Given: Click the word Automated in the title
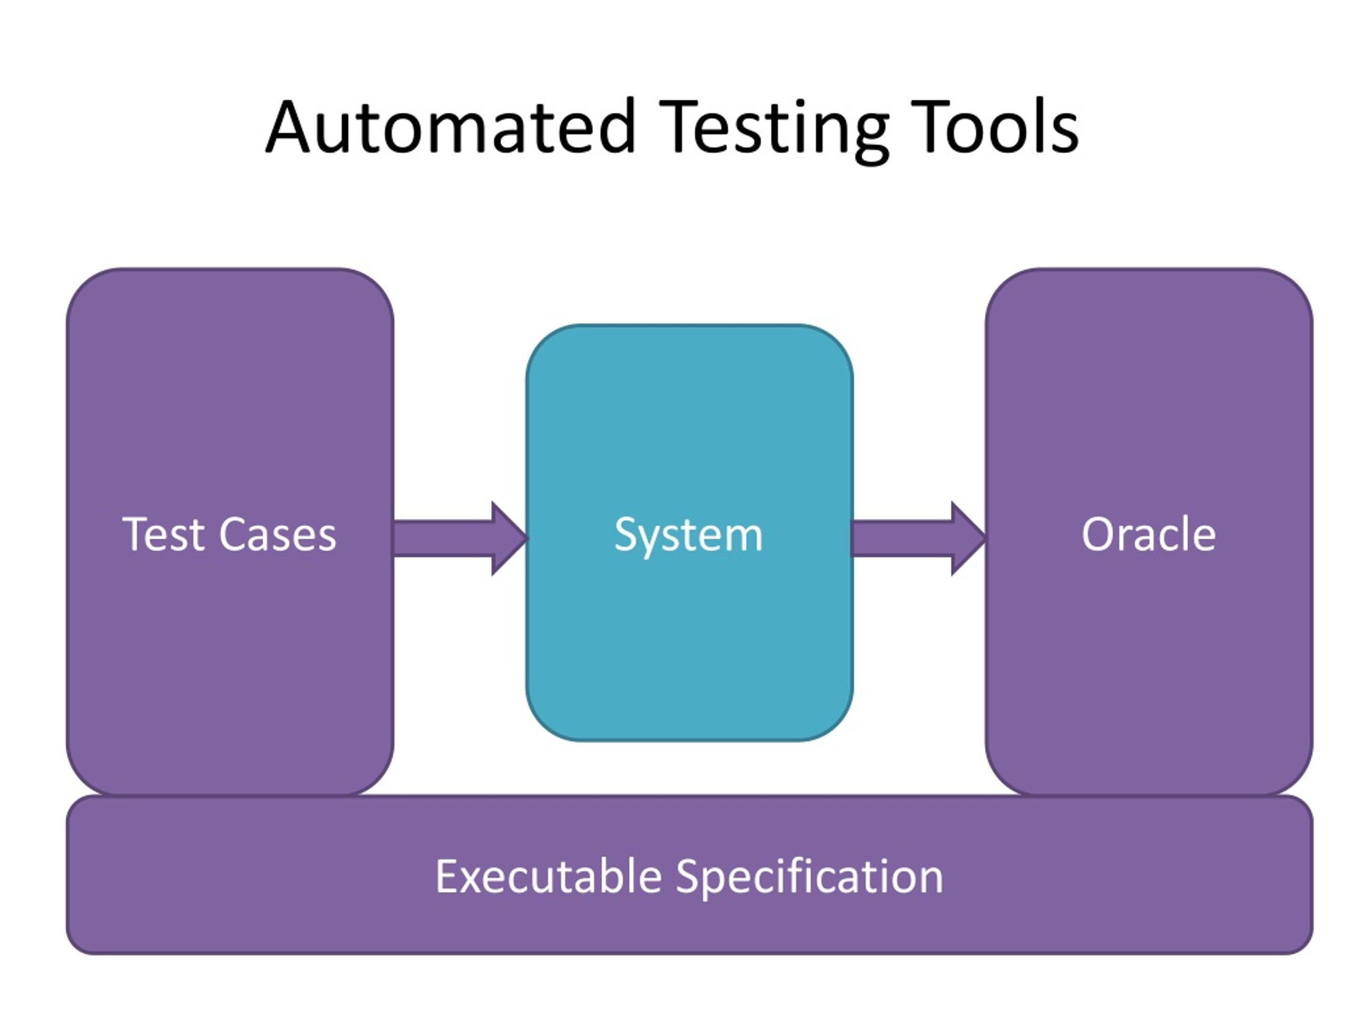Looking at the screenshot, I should click(x=451, y=128).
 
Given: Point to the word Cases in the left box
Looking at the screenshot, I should click(x=277, y=535).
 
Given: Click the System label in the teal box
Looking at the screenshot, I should click(x=688, y=535).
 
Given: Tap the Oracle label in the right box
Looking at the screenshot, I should click(x=1149, y=534).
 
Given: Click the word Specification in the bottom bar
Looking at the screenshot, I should click(x=809, y=877).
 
